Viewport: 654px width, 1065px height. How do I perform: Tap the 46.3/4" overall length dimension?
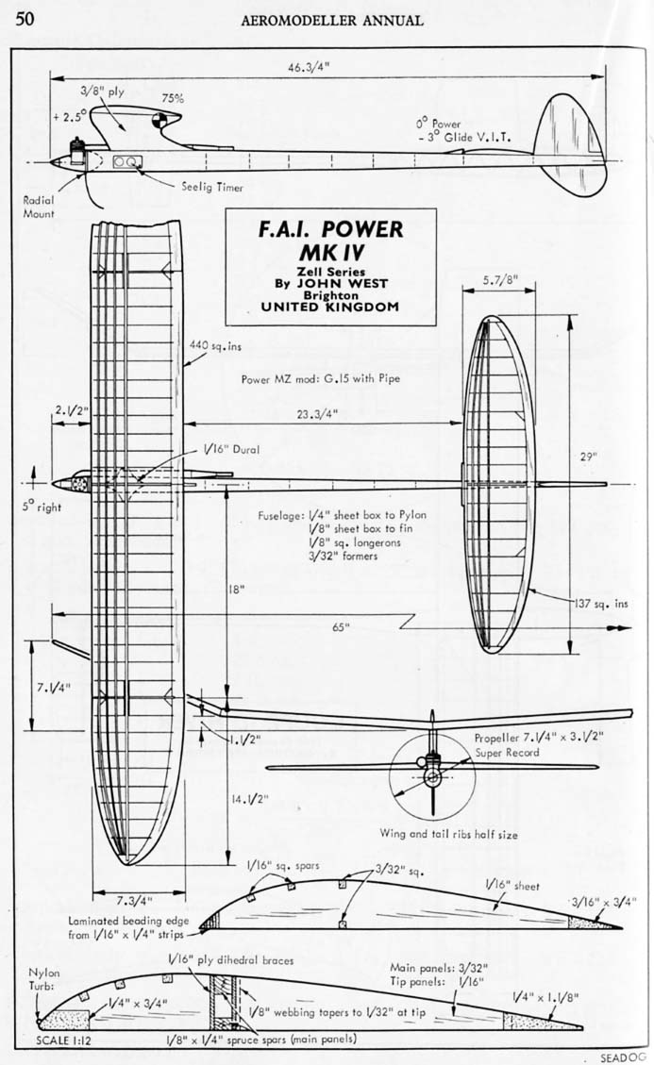[311, 66]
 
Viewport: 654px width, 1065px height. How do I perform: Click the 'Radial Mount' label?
[41, 207]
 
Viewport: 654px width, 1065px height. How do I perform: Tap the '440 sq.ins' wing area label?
[215, 346]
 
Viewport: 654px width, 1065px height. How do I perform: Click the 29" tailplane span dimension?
[590, 456]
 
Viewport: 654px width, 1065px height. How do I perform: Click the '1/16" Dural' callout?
[224, 450]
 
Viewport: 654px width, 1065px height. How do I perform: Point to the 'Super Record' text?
[509, 753]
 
